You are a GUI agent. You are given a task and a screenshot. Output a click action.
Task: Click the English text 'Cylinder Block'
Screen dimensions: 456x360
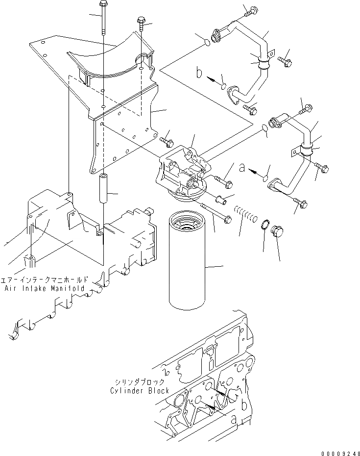click(x=140, y=390)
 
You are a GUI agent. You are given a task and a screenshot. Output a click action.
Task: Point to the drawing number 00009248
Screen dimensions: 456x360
click(x=338, y=452)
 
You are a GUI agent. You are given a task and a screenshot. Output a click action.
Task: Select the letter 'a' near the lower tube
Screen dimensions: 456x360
click(x=241, y=168)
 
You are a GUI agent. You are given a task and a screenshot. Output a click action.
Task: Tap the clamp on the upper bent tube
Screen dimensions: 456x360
click(x=263, y=63)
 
